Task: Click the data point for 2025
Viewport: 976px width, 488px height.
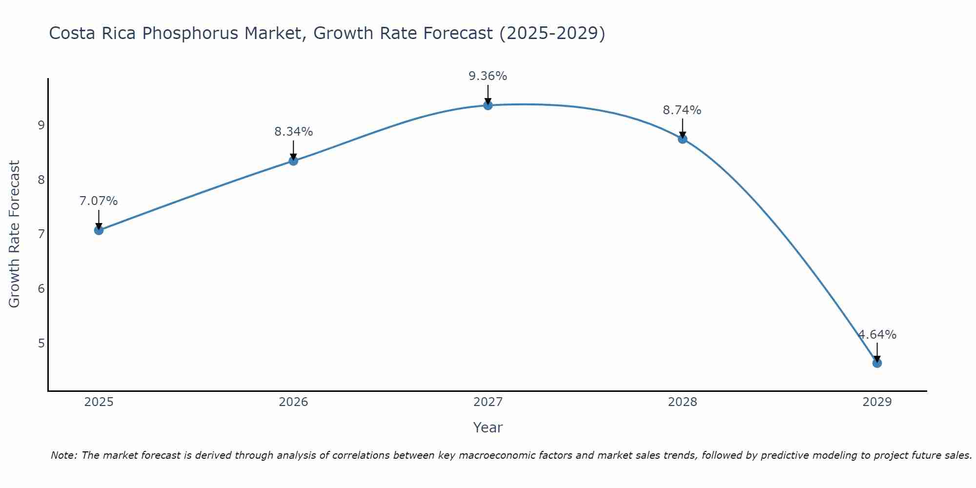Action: (x=99, y=230)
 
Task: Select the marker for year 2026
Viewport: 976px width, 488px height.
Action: (x=293, y=161)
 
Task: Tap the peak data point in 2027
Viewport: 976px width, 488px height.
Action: (x=488, y=105)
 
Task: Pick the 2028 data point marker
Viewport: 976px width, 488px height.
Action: (x=682, y=139)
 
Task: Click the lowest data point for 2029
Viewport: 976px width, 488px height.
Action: (x=877, y=363)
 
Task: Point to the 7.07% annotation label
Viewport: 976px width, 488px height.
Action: (x=99, y=201)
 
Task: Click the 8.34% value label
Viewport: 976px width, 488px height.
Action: (x=293, y=132)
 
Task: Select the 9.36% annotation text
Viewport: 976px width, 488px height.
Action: (x=488, y=76)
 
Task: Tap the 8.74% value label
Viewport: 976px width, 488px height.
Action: (x=682, y=110)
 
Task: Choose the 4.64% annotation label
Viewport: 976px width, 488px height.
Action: (x=877, y=335)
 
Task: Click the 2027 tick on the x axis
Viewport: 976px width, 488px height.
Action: (x=488, y=402)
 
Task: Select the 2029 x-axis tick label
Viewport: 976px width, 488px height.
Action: (x=877, y=402)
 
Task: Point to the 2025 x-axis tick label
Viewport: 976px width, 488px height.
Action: (x=99, y=402)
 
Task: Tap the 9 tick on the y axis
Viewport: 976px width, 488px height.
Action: (x=41, y=125)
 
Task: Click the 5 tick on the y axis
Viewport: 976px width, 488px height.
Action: (x=41, y=343)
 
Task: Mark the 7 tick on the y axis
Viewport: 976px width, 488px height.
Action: (x=41, y=234)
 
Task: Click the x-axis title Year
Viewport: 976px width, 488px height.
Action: (x=488, y=427)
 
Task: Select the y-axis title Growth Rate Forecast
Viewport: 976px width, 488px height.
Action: (x=15, y=234)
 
